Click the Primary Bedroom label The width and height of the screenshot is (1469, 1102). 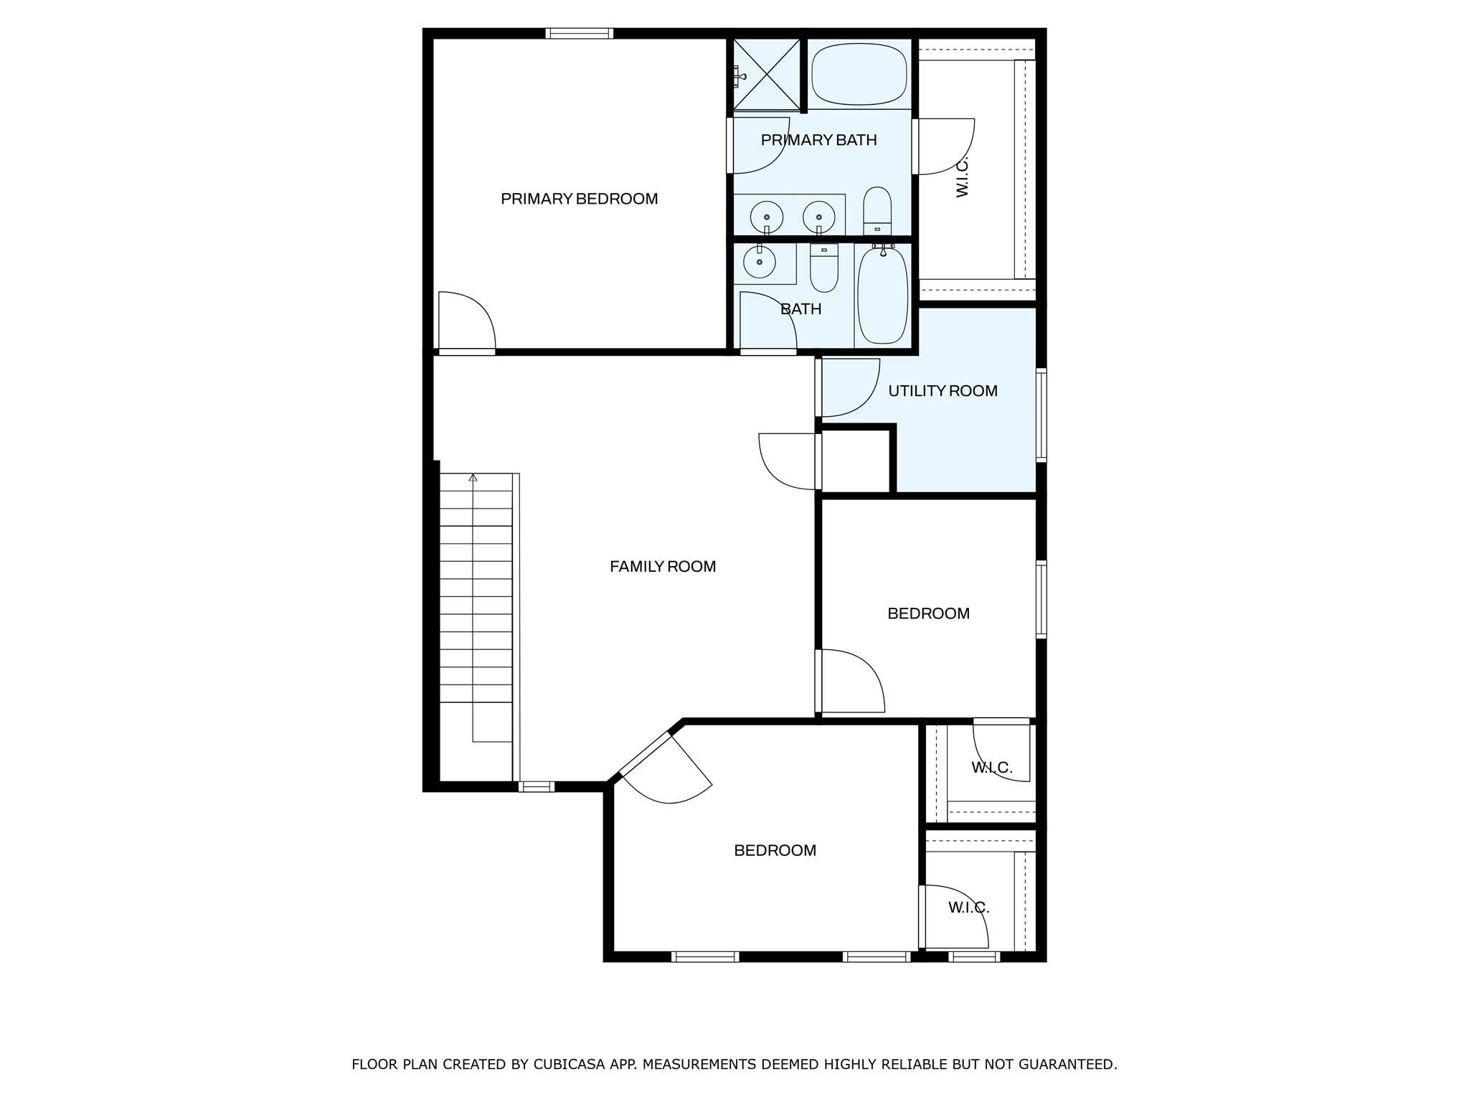point(579,199)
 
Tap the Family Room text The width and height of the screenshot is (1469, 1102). point(662,567)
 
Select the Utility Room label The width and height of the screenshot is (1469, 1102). point(943,391)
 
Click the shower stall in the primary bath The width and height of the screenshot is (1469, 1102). point(766,75)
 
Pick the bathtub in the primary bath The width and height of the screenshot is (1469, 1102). point(859,74)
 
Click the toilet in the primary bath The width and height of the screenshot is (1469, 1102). point(877,210)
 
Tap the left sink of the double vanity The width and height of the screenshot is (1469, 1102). point(767,216)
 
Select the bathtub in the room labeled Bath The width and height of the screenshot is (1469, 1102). point(882,296)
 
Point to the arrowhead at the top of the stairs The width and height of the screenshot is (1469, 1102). point(473,478)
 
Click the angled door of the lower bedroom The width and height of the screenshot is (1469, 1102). point(665,768)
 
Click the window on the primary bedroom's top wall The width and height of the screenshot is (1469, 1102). point(579,33)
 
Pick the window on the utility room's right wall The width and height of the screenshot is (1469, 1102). point(1041,414)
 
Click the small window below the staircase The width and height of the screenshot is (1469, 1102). point(537,787)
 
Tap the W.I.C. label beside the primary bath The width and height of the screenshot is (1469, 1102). point(963,177)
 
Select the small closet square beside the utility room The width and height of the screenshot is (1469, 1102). point(855,461)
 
